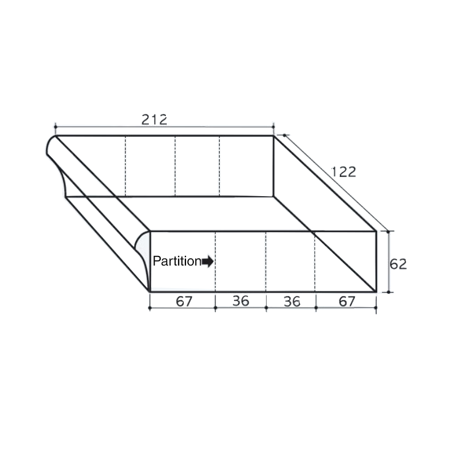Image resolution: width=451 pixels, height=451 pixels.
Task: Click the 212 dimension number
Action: click(154, 120)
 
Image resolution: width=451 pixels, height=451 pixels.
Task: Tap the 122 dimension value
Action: click(343, 172)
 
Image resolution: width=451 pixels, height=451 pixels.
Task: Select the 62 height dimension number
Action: click(398, 264)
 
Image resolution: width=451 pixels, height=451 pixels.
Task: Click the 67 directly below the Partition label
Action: click(184, 301)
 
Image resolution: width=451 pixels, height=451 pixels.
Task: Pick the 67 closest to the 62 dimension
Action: click(347, 301)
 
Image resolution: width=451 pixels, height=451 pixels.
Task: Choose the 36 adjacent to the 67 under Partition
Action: click(241, 301)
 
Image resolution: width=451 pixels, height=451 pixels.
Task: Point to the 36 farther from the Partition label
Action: click(291, 301)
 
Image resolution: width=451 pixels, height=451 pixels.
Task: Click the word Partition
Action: click(176, 262)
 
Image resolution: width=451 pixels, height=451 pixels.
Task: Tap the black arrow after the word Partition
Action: click(208, 262)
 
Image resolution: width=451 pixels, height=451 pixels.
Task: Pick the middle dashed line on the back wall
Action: click(175, 166)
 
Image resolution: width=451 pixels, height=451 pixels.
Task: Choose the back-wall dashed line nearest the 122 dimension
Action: click(219, 166)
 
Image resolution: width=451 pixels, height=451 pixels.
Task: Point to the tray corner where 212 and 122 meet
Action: click(273, 136)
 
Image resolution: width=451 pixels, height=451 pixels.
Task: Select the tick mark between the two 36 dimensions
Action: click(266, 308)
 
